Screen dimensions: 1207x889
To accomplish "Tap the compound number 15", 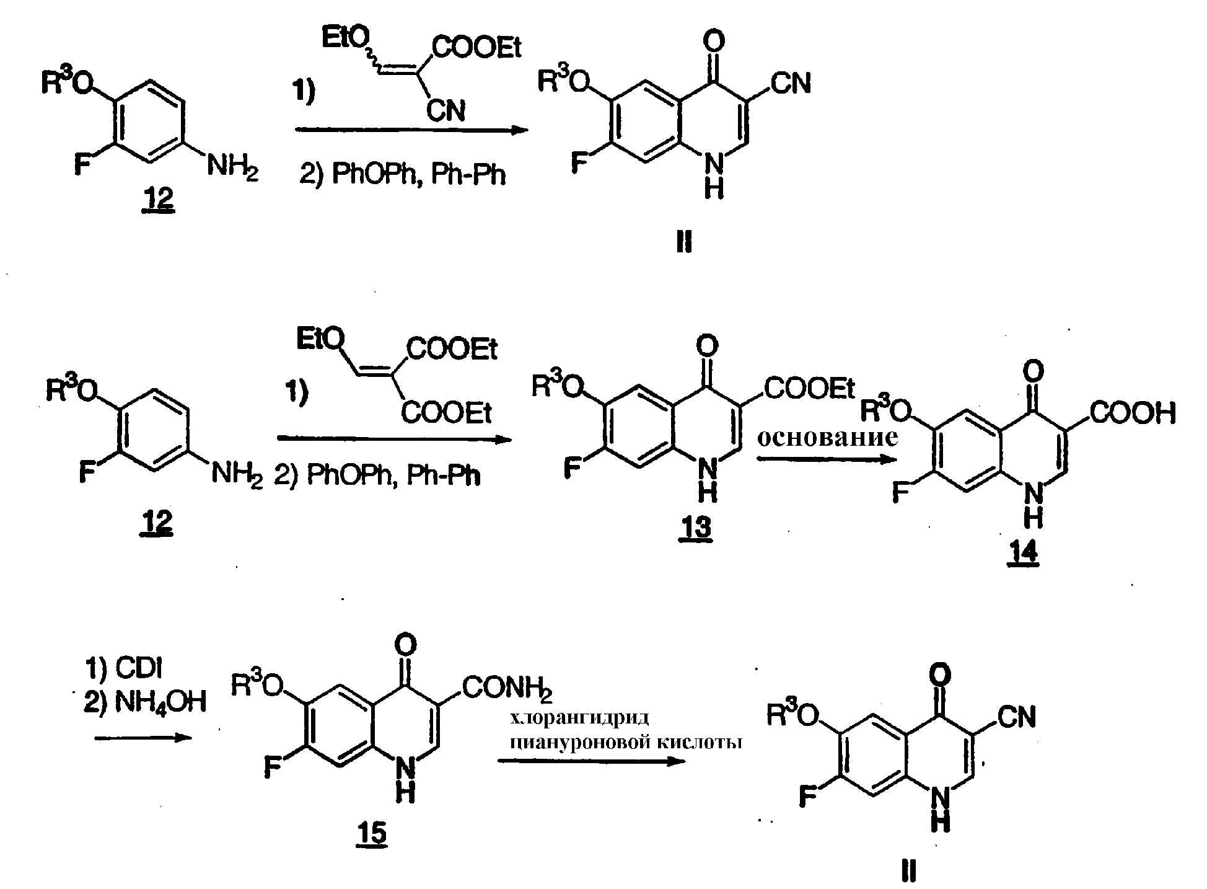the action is coord(371,833).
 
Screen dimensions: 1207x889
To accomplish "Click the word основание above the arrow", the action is coord(828,437).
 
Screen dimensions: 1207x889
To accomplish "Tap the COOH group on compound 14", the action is coord(1133,414).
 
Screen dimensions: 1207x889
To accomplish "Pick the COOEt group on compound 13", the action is coord(809,389).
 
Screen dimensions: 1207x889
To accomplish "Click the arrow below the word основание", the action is coord(827,459).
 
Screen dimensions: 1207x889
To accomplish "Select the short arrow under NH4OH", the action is coord(143,738).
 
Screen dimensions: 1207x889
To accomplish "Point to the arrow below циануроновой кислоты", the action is coord(592,761).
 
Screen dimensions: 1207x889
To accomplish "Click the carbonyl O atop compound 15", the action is coord(405,645).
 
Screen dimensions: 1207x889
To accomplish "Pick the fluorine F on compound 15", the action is coord(272,769).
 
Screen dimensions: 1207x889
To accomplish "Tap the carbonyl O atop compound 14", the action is coord(1033,371).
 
